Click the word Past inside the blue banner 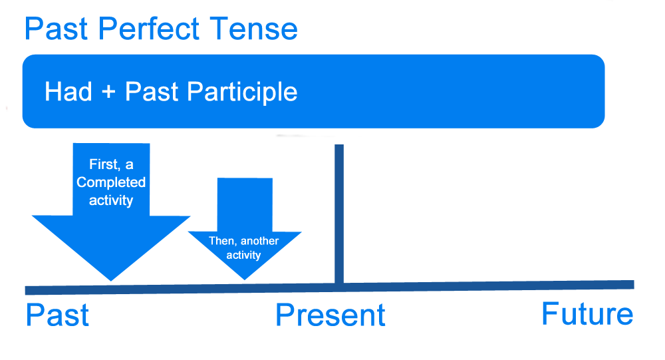(152, 92)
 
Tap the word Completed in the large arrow (111, 182)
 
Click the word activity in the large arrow (111, 200)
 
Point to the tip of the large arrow (111, 278)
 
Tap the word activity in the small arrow (243, 255)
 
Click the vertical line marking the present (339, 213)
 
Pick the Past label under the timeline (57, 315)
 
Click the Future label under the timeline (587, 313)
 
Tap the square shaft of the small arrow (245, 204)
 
